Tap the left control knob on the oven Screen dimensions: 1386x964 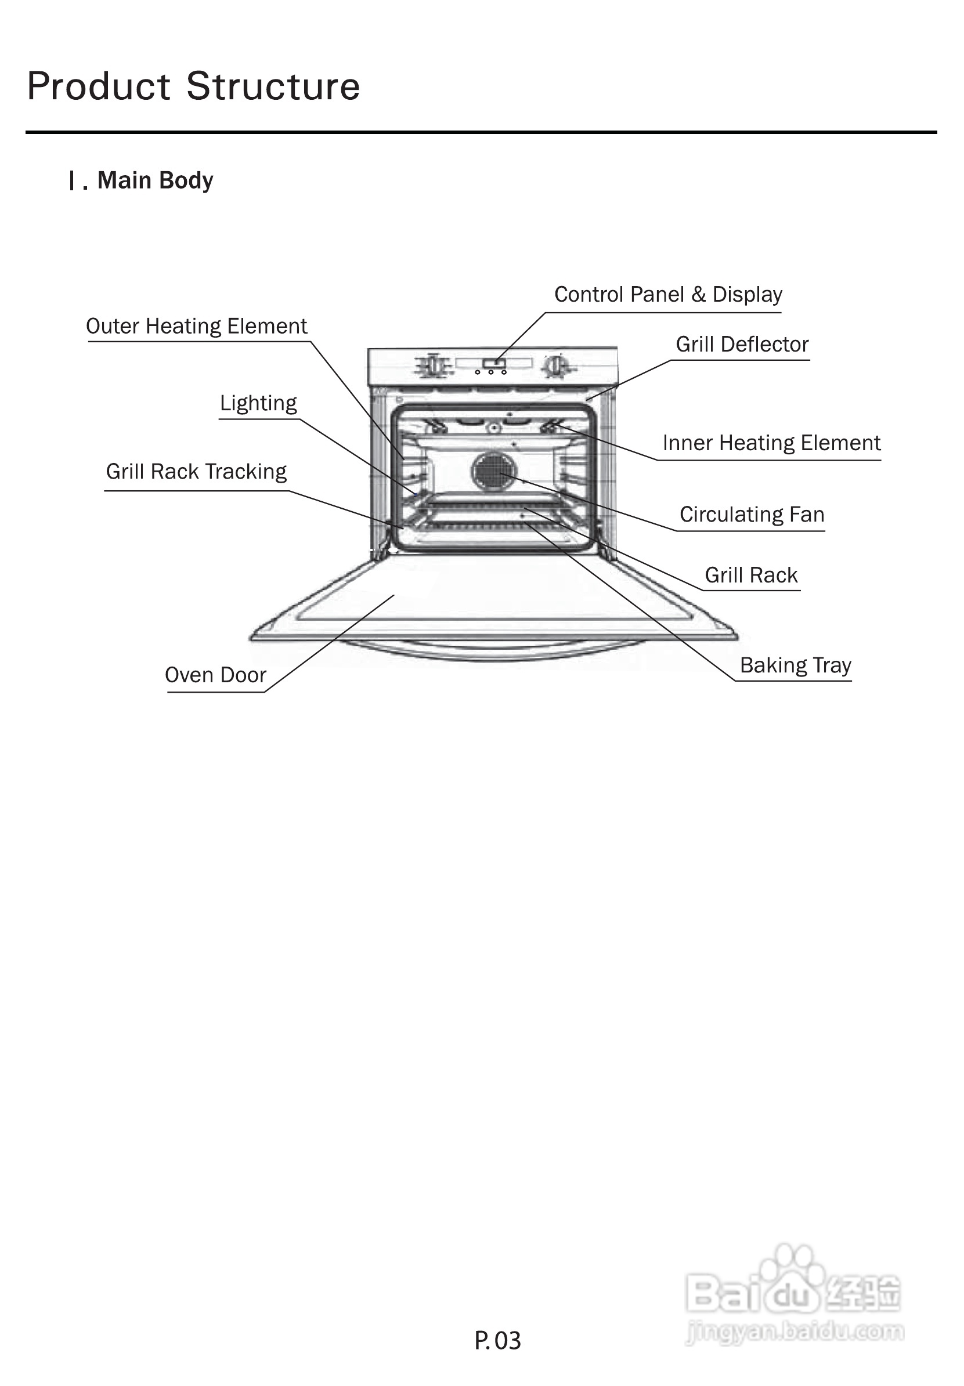coord(434,366)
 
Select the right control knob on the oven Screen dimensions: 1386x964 coord(555,366)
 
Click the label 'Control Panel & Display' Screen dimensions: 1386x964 coord(668,295)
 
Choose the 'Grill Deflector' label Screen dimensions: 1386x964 coord(742,345)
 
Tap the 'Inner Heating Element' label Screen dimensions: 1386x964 coord(771,443)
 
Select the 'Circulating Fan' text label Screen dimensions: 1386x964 coord(752,515)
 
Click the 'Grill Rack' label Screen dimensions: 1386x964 coord(751,576)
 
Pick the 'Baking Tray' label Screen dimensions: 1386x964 coord(796,665)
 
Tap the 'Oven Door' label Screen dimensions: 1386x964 coord(215,675)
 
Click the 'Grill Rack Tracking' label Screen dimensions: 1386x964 coord(196,472)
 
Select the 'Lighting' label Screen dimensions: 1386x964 coord(258,403)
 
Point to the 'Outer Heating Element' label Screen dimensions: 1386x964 coord(196,326)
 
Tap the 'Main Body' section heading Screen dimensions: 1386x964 coord(154,180)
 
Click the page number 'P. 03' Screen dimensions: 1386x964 coord(497,1341)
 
